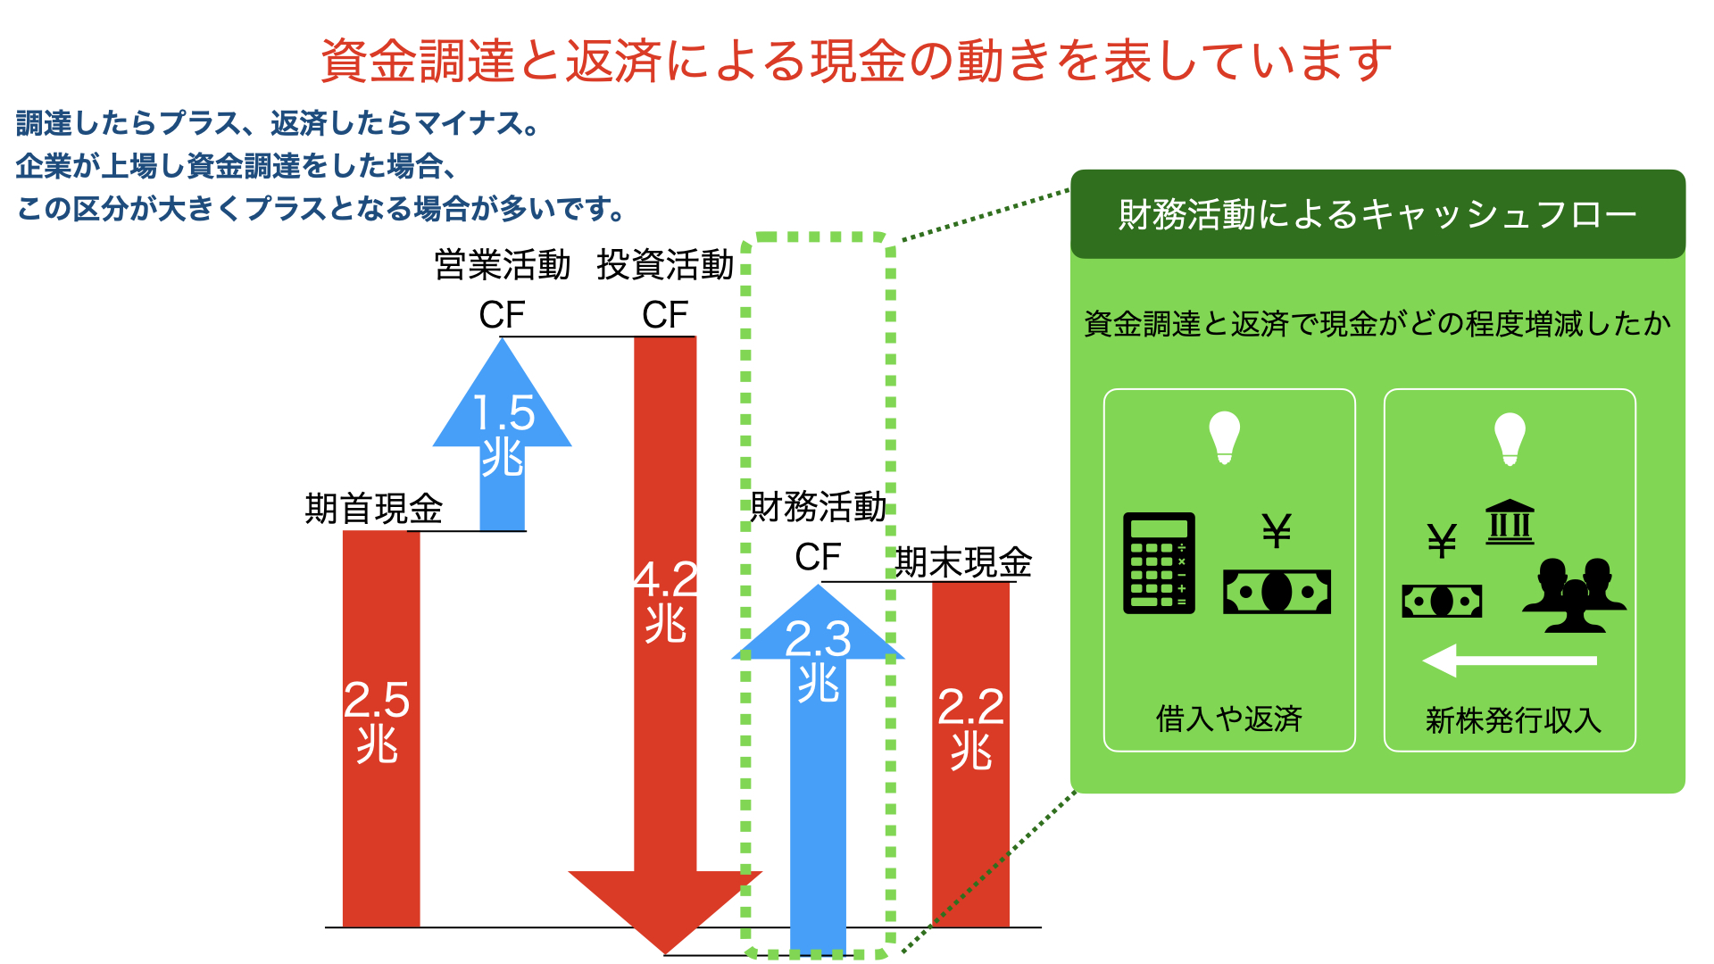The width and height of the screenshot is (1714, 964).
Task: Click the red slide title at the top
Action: [856, 61]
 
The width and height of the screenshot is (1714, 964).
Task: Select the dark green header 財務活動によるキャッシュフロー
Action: [1377, 214]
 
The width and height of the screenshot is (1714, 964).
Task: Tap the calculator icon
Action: [1159, 562]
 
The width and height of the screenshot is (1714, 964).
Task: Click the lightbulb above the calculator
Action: [1225, 437]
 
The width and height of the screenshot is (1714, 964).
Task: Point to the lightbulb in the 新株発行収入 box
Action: [1510, 438]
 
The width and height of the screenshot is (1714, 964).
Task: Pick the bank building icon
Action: [1510, 522]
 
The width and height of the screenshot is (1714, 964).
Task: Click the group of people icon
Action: [1575, 594]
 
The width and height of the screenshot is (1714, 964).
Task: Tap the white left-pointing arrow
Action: [1510, 661]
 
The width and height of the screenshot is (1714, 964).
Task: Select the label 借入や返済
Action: [1229, 719]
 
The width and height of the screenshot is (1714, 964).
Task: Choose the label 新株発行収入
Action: [1513, 719]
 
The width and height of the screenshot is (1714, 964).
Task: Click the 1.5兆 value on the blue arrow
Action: [503, 435]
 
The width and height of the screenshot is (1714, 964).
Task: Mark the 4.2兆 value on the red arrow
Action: [665, 601]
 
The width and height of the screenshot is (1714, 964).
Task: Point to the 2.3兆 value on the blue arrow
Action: [818, 661]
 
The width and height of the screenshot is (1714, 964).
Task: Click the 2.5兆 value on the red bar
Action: [377, 722]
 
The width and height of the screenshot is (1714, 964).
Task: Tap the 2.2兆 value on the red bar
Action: [971, 728]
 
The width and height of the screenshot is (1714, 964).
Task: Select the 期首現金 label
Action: [374, 509]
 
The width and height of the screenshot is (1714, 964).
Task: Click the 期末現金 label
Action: [964, 562]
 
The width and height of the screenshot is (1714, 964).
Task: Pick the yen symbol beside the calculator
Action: [1277, 531]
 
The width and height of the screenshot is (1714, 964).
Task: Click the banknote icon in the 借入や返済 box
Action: [1277, 592]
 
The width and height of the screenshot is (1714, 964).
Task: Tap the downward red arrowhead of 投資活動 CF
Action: [665, 910]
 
